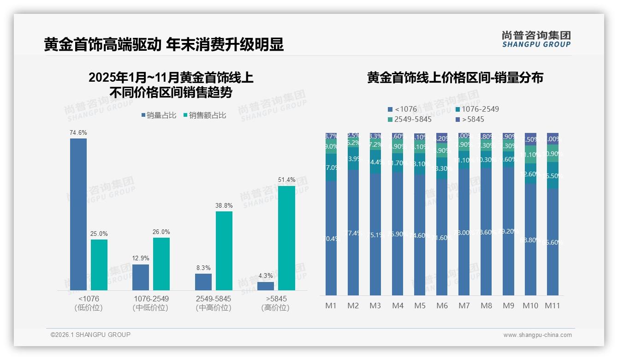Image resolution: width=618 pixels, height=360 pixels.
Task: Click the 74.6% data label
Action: click(78, 133)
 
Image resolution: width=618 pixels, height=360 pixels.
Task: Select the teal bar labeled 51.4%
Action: click(286, 238)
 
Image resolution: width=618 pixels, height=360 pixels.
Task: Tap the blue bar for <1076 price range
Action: click(78, 214)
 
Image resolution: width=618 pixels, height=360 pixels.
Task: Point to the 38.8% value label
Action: click(224, 205)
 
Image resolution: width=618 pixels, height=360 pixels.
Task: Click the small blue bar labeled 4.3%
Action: click(266, 286)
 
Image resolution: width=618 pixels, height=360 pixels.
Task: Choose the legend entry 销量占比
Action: click(159, 115)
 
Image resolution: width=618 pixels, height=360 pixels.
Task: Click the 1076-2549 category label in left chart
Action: click(151, 299)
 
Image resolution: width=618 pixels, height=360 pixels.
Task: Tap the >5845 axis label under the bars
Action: click(276, 299)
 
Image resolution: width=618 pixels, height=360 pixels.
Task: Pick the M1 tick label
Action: click(331, 306)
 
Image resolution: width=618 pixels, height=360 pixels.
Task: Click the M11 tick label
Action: click(552, 306)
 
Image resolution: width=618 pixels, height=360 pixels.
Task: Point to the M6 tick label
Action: click(442, 306)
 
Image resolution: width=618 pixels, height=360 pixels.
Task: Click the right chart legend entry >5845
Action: click(469, 119)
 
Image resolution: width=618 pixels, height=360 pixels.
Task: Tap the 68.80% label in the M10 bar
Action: click(531, 240)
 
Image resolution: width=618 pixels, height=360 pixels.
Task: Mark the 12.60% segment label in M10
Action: click(531, 174)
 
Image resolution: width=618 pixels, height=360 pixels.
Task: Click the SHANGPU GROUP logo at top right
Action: click(536, 39)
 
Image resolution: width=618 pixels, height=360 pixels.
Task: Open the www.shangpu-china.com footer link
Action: click(537, 335)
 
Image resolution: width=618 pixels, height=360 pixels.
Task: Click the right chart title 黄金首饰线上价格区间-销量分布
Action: click(455, 78)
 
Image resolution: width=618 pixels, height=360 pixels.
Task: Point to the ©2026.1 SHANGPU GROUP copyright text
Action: click(90, 335)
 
